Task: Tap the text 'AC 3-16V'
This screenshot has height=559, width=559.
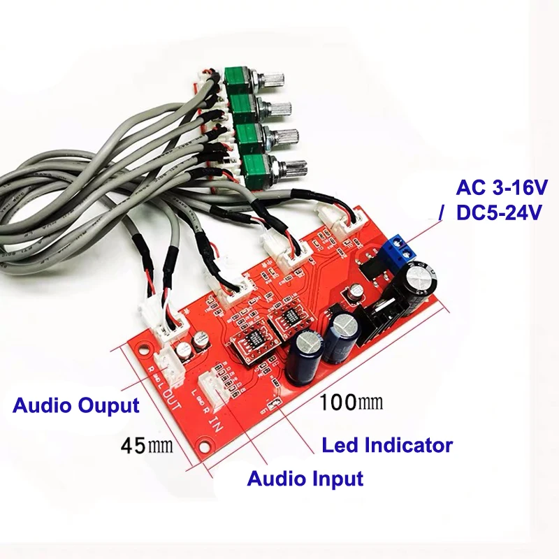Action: (x=502, y=187)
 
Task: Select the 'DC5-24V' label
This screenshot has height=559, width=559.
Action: (x=498, y=213)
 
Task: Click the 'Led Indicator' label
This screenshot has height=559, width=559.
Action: (x=386, y=444)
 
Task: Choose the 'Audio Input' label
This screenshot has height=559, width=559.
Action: (x=305, y=479)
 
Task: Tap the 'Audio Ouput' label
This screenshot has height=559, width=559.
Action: (x=76, y=405)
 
